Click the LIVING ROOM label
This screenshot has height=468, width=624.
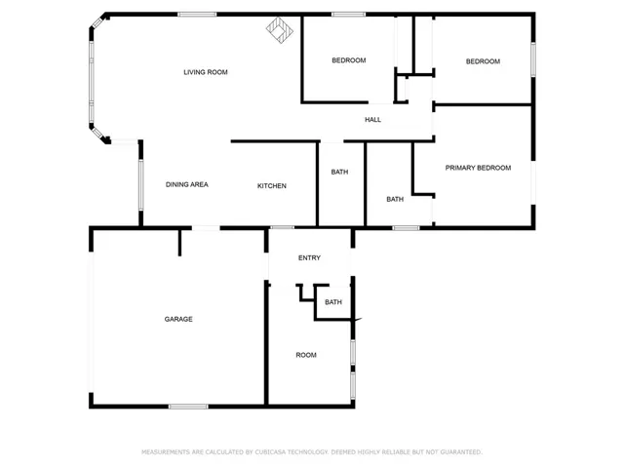[x=206, y=72]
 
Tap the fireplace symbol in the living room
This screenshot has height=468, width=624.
[x=280, y=30]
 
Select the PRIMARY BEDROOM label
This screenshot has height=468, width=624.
[x=478, y=168]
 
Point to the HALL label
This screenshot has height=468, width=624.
[x=372, y=119]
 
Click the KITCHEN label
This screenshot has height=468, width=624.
[x=272, y=186]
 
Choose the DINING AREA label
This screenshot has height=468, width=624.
[x=186, y=184]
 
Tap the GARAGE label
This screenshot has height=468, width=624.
[x=178, y=319]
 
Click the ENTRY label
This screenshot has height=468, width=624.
[x=309, y=257]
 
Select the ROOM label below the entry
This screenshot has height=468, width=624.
[x=306, y=355]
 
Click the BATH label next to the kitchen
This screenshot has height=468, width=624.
[x=339, y=172]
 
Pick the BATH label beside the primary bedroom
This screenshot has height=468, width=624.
[x=395, y=199]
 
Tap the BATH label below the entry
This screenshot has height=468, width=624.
[x=333, y=302]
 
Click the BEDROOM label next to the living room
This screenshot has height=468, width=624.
[x=349, y=60]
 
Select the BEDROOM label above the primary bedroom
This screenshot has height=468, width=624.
[x=483, y=61]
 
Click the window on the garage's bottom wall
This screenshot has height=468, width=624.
[x=188, y=407]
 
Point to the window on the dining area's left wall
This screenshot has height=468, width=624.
[x=140, y=184]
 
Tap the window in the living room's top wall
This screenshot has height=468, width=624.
[x=197, y=15]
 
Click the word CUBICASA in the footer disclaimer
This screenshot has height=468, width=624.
[x=270, y=452]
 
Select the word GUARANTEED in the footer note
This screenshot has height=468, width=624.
[x=462, y=452]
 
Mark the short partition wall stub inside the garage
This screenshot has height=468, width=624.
[x=179, y=243]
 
